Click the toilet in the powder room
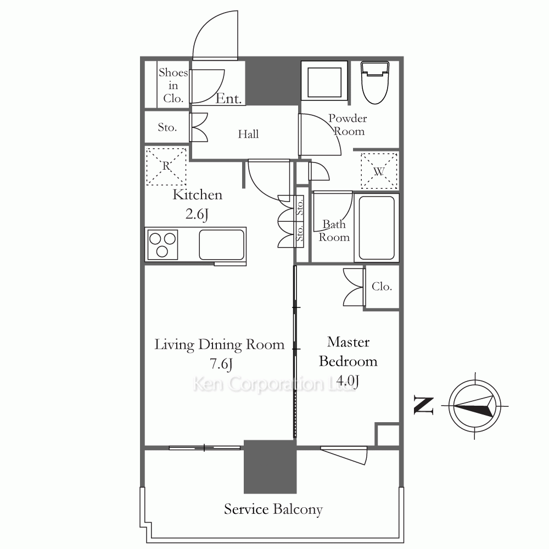point(375,83)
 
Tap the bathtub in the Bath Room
point(377,228)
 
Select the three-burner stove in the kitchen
point(163,245)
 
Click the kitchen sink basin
point(222,244)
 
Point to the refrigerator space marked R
point(166,166)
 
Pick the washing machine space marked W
point(379,171)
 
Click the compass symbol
point(475,406)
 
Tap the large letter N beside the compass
point(424,406)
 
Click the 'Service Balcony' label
point(273,509)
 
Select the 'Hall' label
point(248,134)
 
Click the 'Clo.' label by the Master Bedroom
point(382,287)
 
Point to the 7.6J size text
point(221,364)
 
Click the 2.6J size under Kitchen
point(197,214)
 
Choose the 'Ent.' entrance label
point(228,99)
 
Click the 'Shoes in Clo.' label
point(173,86)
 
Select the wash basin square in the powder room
point(324,83)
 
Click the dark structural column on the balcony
point(270,467)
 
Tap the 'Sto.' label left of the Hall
point(167,127)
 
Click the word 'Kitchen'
point(198,195)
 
